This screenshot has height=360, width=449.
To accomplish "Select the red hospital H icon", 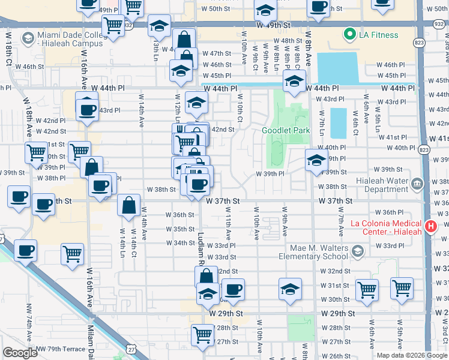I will (x=430, y=227).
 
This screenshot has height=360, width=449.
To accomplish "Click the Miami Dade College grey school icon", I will (x=27, y=38).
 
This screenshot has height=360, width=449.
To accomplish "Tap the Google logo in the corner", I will (x=20, y=353).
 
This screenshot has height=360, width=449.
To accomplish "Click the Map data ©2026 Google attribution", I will (x=412, y=355).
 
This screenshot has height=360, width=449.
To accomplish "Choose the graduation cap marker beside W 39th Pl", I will (x=316, y=160).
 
